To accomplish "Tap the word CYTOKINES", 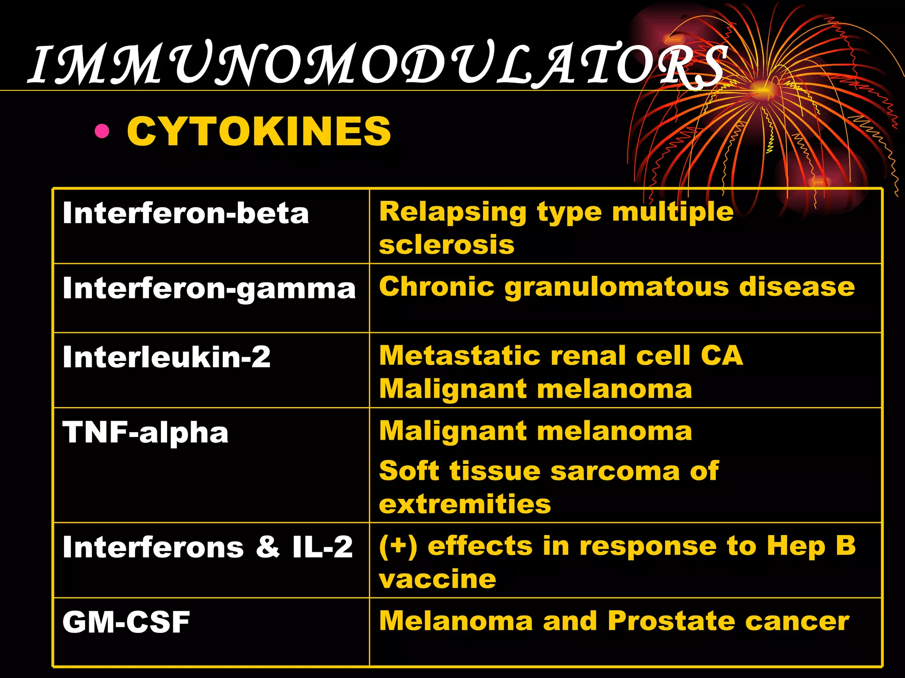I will [259, 131].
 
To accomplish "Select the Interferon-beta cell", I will [186, 214].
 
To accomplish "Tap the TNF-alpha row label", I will [145, 432].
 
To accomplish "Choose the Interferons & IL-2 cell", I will [208, 547].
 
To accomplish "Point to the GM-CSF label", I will [126, 622].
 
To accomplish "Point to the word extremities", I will [465, 504].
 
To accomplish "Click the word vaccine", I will [437, 579].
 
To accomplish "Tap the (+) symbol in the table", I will [398, 546].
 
